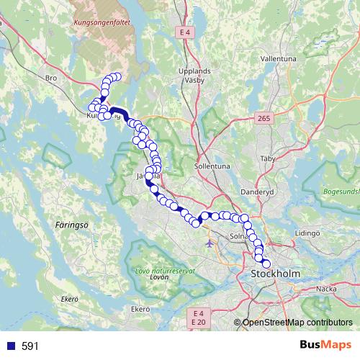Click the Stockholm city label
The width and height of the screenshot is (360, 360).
274,274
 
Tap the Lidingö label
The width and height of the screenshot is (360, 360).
307,233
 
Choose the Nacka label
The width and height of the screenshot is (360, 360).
327,288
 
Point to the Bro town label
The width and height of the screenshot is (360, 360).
50,77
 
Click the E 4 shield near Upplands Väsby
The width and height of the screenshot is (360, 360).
185,32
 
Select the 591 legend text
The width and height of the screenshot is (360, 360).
30,346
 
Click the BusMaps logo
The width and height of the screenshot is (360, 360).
325,346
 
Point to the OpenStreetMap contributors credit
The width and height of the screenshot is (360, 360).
297,322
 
